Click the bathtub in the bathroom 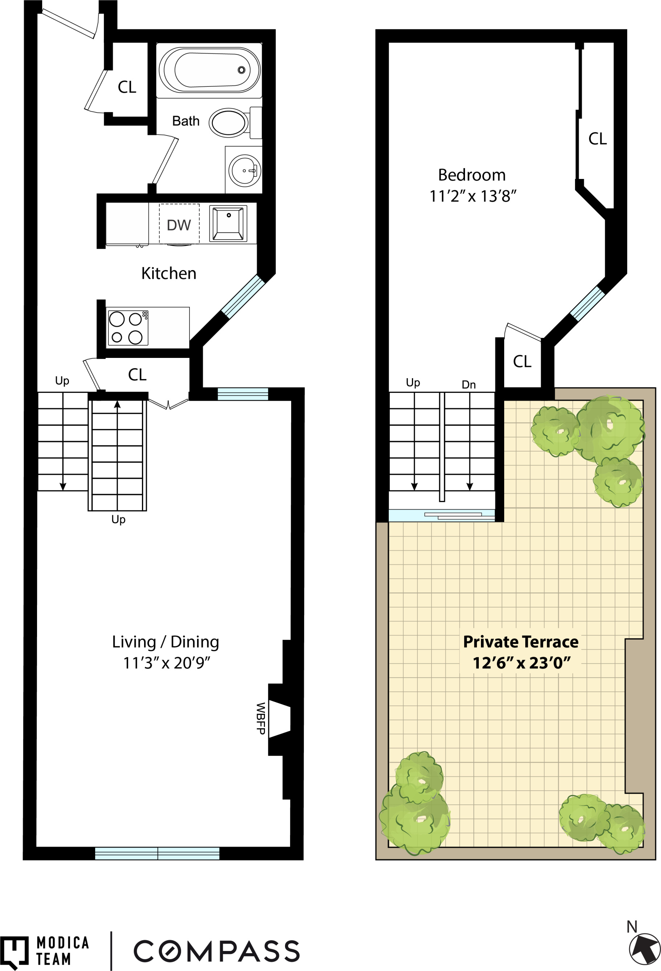209,70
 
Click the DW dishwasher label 179,225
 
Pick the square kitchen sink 228,224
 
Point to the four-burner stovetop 127,328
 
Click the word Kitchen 169,273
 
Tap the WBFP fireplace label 261,718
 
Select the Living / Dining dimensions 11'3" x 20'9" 166,663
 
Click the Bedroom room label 472,175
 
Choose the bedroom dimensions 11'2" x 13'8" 473,196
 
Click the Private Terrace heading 521,642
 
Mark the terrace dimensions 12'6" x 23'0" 521,663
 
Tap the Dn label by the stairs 468,385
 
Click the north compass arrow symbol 644,949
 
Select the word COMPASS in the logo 216,951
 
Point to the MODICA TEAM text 63,951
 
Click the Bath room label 186,121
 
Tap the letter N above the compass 632,927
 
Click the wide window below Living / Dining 157,854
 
